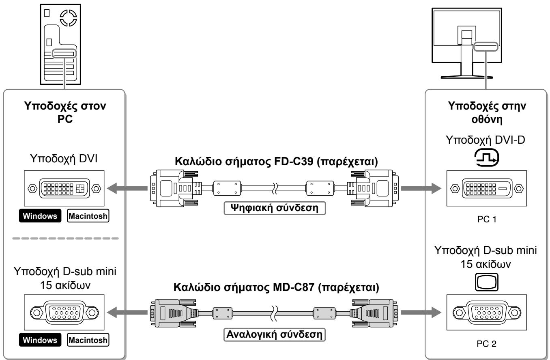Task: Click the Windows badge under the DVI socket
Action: (x=40, y=216)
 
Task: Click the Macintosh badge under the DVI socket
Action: (x=88, y=216)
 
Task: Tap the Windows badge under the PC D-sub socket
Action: (x=40, y=340)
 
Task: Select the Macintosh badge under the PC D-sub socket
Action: (x=88, y=340)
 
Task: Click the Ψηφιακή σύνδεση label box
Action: (x=275, y=208)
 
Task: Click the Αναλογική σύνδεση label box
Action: (x=275, y=334)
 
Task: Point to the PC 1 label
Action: (x=487, y=219)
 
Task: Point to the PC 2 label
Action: (x=486, y=344)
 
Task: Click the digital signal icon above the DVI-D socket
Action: (x=486, y=157)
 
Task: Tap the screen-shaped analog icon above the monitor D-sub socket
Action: (x=486, y=282)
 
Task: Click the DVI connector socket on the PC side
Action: (x=64, y=188)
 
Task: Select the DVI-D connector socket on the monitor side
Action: (x=487, y=188)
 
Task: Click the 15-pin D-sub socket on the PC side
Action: (x=64, y=313)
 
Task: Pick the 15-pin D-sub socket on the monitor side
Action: (x=487, y=313)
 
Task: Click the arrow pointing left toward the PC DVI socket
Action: (x=127, y=188)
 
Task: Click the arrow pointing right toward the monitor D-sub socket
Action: (x=421, y=313)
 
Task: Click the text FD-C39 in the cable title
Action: (x=293, y=162)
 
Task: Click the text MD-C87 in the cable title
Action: (x=293, y=287)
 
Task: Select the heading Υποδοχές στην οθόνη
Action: (x=487, y=112)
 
